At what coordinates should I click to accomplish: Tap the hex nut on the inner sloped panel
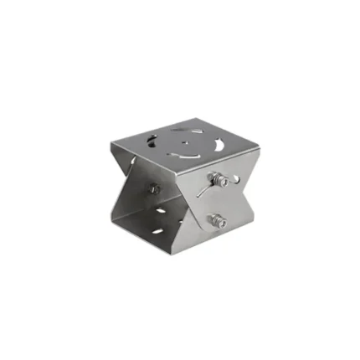(154, 189)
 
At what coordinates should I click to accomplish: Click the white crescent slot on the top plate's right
(219, 147)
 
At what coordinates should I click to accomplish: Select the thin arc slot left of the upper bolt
(201, 190)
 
